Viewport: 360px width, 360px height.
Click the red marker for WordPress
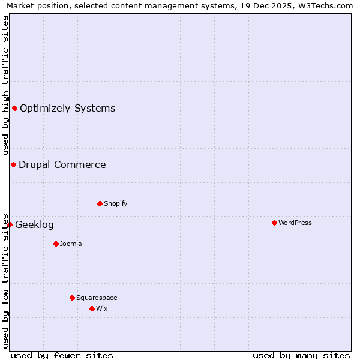coord(274,223)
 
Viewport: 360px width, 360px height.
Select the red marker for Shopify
coord(100,203)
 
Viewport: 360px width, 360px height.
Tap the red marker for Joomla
coord(56,244)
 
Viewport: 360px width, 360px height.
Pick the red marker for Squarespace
coord(72,298)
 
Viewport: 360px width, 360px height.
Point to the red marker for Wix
coord(92,308)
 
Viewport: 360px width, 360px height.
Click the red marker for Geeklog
coord(10,224)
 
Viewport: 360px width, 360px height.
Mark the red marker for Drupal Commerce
coord(13,164)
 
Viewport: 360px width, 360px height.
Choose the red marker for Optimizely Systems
coord(14,108)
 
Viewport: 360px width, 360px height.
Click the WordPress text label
coord(295,223)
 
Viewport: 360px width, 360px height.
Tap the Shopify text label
coord(116,203)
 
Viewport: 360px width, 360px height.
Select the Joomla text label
coord(71,244)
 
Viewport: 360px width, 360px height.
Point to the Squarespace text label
coord(97,298)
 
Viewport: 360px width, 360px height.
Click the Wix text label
coord(102,308)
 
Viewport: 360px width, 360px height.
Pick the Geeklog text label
coord(34,225)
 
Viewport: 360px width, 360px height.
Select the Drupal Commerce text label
coord(62,165)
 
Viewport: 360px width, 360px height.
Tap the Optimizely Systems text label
coord(68,109)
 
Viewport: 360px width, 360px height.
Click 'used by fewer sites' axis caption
coord(62,355)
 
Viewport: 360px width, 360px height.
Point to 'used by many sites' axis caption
coord(301,355)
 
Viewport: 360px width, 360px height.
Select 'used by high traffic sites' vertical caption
coord(5,85)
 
